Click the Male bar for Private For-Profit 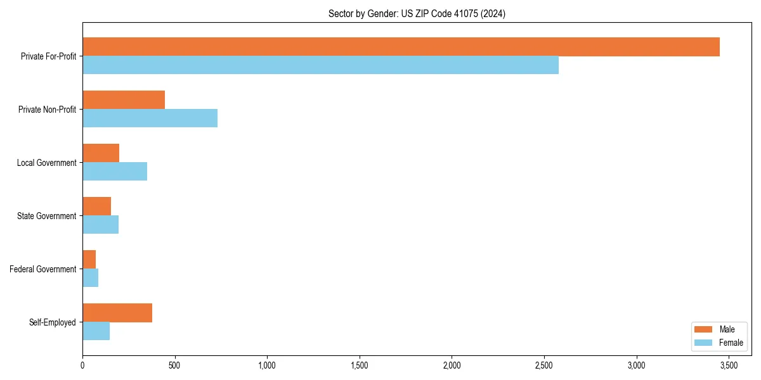click(401, 47)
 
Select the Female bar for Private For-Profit click(320, 65)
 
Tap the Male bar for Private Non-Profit click(124, 100)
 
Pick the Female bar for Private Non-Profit click(150, 118)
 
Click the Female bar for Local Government click(115, 172)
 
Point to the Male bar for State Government click(96, 206)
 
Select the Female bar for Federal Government click(90, 278)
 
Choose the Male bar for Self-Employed click(117, 313)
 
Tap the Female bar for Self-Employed click(96, 331)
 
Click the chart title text click(417, 13)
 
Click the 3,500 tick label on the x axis click(729, 365)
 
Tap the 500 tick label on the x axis click(174, 365)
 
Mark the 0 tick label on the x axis click(82, 365)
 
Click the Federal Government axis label click(43, 269)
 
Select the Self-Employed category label click(53, 322)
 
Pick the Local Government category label click(47, 163)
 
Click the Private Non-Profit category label click(47, 110)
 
